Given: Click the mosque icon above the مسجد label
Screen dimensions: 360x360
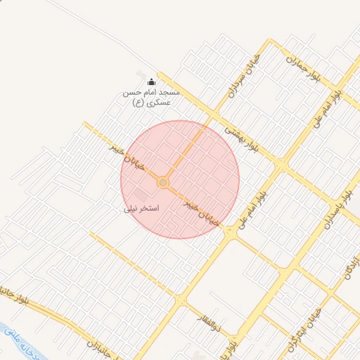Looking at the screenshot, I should click(150, 82).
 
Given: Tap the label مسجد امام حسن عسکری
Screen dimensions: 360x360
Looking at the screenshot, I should click(152, 97).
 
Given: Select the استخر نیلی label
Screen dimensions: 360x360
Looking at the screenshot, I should click(141, 209).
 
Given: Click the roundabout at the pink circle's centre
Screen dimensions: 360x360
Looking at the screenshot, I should click(163, 183).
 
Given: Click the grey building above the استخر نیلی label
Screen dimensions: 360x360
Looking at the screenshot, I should click(142, 193).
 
